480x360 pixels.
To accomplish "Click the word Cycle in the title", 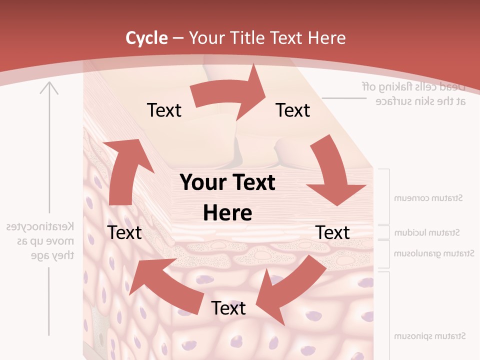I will click(146, 37).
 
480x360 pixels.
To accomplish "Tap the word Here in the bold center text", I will click(227, 213).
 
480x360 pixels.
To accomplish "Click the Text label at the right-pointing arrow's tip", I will click(293, 110).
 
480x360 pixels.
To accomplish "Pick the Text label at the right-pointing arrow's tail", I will click(164, 110).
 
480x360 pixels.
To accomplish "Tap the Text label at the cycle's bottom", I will click(228, 308).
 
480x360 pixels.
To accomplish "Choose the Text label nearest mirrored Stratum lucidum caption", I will click(332, 232).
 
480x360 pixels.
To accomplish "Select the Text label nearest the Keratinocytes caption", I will click(124, 232).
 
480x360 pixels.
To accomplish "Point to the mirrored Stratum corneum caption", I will click(428, 198).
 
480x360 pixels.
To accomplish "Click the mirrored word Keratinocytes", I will click(40, 227).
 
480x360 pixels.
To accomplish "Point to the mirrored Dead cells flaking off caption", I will click(414, 86).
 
